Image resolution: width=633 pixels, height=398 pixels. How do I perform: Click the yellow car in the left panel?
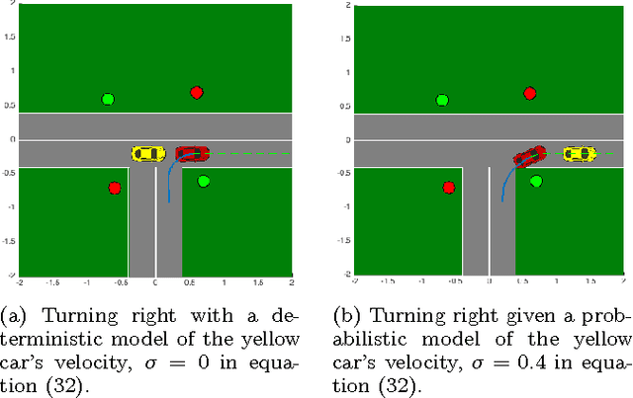(x=148, y=153)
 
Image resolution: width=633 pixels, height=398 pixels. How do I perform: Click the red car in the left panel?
(x=193, y=153)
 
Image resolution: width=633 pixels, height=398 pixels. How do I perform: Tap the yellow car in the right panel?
(x=580, y=153)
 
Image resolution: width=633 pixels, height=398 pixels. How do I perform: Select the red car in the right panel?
(x=529, y=156)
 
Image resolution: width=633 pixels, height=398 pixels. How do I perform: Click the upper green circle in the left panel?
(x=108, y=99)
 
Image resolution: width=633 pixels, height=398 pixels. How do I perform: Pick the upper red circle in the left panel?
(x=197, y=93)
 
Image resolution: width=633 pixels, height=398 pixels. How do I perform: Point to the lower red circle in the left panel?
(x=115, y=188)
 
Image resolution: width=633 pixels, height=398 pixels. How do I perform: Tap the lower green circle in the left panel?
(x=204, y=182)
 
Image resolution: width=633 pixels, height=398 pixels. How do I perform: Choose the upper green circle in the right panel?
(x=442, y=100)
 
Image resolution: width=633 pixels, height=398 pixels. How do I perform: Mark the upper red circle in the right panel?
(x=530, y=93)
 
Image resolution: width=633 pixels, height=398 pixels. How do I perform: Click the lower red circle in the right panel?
(x=449, y=188)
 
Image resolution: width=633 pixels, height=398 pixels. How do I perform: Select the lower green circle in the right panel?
(x=536, y=182)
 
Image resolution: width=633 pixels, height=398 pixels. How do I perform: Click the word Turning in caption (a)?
(x=57, y=317)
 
